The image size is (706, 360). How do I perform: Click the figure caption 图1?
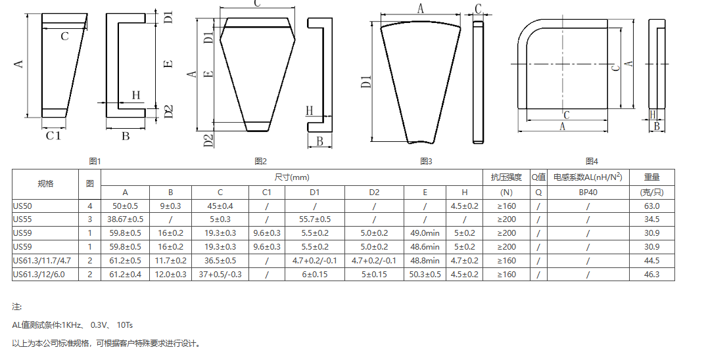[x=95, y=161]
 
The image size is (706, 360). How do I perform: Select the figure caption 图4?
[x=592, y=161]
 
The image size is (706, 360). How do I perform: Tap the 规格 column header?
[x=45, y=184]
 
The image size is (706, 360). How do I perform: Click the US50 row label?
[x=22, y=206]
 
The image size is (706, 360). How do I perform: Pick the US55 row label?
[x=22, y=219]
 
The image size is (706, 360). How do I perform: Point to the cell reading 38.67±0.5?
[x=125, y=219]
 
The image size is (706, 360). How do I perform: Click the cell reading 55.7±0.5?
[x=315, y=219]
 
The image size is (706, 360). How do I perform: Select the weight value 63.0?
[x=651, y=206]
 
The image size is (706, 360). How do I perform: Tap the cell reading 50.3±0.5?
[x=425, y=275]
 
